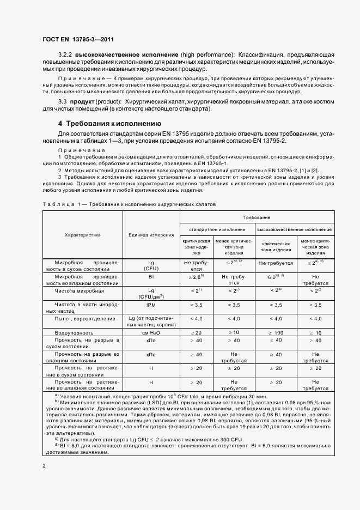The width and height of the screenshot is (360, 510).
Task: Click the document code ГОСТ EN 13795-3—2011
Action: (x=77, y=39)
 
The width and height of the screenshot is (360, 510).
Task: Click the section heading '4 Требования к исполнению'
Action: (x=109, y=123)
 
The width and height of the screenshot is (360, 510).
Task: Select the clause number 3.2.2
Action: (x=65, y=55)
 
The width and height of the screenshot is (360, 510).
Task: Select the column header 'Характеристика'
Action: (x=83, y=235)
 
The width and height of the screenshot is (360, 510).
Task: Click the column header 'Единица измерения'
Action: (x=151, y=235)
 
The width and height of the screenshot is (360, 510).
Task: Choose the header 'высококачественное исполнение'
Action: (x=294, y=229)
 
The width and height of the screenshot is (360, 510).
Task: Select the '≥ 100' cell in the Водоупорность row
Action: (x=275, y=332)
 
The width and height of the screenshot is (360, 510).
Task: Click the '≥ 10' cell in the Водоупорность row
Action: (x=233, y=332)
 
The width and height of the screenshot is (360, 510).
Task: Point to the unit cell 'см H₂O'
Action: (x=151, y=332)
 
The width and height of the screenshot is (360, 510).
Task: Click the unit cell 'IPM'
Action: (x=151, y=305)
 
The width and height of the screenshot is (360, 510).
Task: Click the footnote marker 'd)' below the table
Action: (x=57, y=445)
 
